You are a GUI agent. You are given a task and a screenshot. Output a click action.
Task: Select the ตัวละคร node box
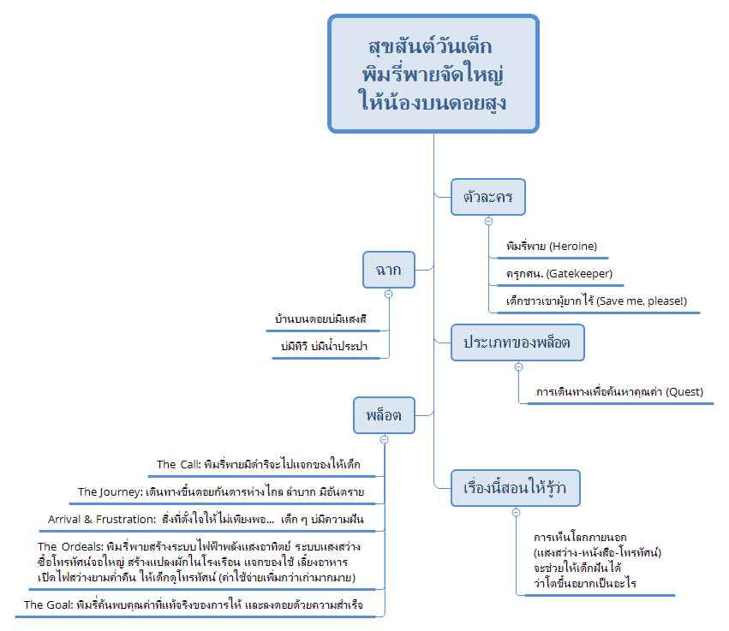[x=487, y=199]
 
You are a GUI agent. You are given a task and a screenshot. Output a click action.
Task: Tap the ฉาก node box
[x=388, y=270]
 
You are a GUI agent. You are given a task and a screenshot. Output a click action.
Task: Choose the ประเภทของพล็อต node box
[x=517, y=342]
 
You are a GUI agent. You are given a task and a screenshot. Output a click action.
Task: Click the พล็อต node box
[x=384, y=415]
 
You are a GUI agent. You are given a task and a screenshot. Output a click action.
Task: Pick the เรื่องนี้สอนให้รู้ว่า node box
[x=516, y=488]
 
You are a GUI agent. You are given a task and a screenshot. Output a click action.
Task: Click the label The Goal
[x=46, y=604]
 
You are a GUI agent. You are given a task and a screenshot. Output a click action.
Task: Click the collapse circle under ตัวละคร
[x=488, y=221]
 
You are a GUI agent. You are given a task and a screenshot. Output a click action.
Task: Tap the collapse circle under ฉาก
[x=388, y=293]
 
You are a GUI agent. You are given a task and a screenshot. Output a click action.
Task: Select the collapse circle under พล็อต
[x=384, y=438]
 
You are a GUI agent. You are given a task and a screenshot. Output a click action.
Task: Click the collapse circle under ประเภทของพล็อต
[x=517, y=366]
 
